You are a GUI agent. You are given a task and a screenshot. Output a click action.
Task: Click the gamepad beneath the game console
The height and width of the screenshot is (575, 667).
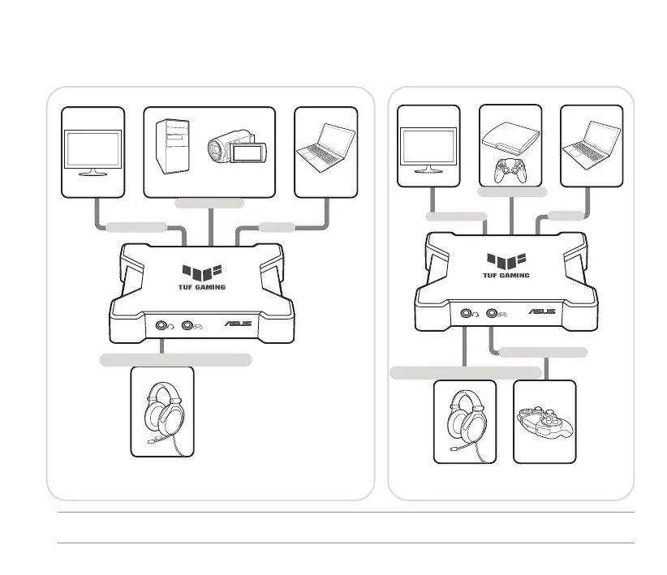pyautogui.click(x=511, y=172)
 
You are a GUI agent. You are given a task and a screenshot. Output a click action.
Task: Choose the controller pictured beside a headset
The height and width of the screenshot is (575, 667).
pyautogui.click(x=544, y=422)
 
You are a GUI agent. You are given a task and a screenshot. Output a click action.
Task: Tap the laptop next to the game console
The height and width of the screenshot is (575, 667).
pyautogui.click(x=592, y=144)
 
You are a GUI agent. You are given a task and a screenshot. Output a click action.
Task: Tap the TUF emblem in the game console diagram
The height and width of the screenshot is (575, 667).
pyautogui.click(x=507, y=260)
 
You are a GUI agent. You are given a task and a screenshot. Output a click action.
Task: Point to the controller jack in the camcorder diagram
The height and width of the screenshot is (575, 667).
pyautogui.click(x=191, y=325)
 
